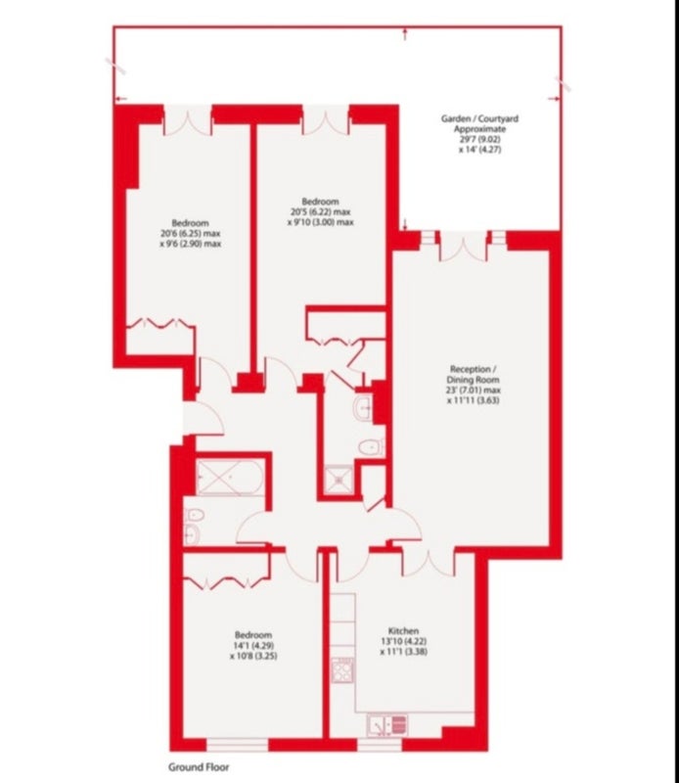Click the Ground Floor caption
199,767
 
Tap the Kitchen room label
403,630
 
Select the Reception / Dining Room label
474,375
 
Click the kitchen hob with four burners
342,670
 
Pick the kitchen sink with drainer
387,725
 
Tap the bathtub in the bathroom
230,478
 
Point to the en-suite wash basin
363,408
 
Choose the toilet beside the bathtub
194,515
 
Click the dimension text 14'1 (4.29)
253,645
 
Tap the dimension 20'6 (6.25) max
190,233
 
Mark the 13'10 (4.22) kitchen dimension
403,641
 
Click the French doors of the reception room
464,248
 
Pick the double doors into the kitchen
429,563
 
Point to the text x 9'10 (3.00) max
321,222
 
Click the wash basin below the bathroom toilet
191,534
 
